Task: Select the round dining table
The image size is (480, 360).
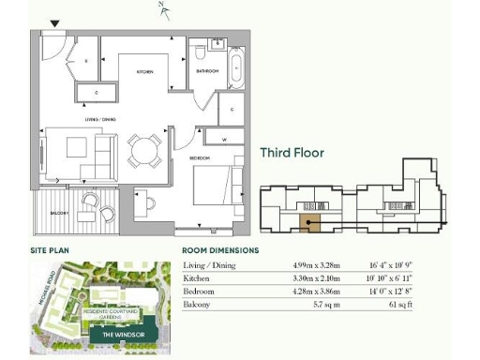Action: click(x=144, y=149)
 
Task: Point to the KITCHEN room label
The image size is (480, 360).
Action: click(x=145, y=72)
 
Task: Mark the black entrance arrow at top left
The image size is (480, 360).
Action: click(x=54, y=23)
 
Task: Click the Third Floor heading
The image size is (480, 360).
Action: click(x=292, y=153)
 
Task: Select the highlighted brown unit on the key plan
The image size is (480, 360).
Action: click(x=308, y=222)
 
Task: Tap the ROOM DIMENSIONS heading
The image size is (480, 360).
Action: click(x=220, y=251)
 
